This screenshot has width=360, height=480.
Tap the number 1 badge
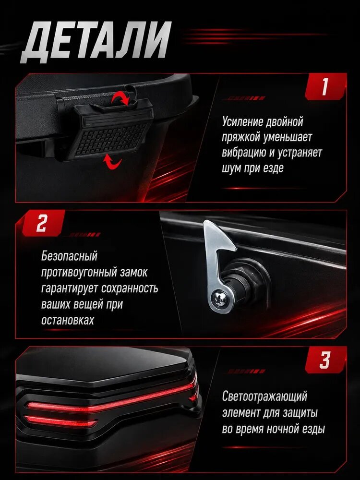tap(325, 86)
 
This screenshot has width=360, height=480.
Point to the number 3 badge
tap(325, 360)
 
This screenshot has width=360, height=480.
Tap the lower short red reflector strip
tap(61, 421)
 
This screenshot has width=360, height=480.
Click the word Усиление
tap(242, 121)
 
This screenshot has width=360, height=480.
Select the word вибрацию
tap(244, 153)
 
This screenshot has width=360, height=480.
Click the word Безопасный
tap(69, 256)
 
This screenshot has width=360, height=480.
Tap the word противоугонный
tap(79, 272)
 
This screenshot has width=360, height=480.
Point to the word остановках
tap(68, 320)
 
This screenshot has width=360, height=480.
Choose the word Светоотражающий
tap(264, 396)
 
